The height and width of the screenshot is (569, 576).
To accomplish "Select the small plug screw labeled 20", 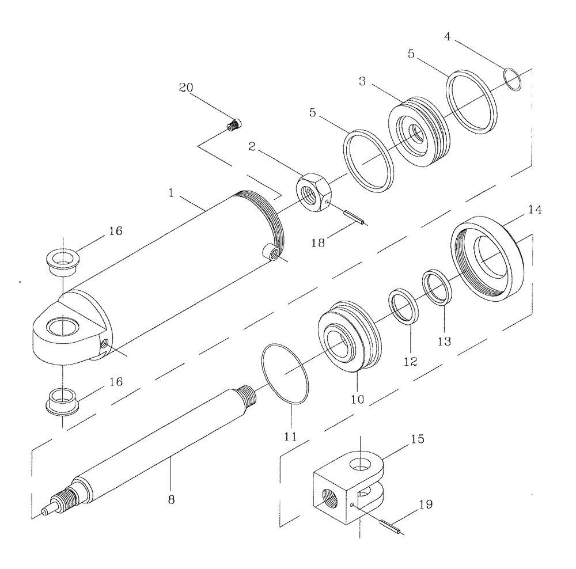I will (x=234, y=124).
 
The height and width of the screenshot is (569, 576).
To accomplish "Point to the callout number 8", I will (x=170, y=500).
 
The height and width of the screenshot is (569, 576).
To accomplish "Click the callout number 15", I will (x=418, y=439).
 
